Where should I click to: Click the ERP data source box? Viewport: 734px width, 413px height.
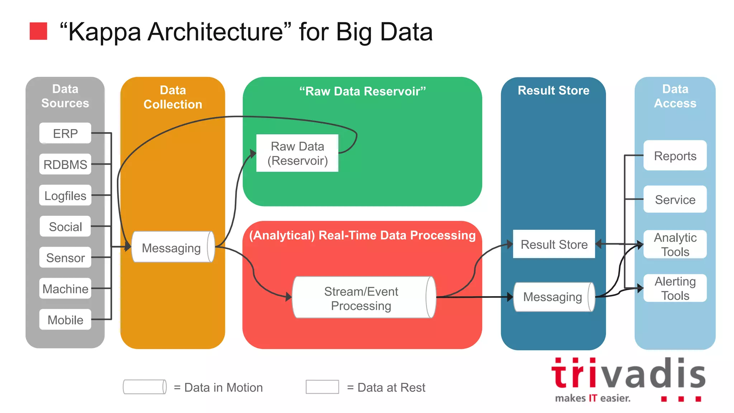tap(65, 133)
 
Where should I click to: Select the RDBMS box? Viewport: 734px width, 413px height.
tap(65, 164)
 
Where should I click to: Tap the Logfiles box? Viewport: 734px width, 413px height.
tap(65, 195)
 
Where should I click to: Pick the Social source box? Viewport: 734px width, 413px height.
tap(65, 226)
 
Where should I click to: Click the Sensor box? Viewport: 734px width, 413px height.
tap(65, 257)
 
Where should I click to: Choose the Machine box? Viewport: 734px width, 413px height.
tap(65, 288)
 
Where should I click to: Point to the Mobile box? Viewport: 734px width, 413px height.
tap(65, 319)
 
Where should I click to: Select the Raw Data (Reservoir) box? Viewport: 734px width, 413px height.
tap(297, 153)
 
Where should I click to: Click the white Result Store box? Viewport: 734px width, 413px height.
tap(554, 244)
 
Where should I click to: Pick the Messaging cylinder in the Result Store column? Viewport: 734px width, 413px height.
tap(553, 297)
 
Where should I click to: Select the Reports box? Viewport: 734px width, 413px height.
tap(675, 156)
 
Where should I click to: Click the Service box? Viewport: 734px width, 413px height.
tap(675, 199)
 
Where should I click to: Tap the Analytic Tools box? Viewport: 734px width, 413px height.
tap(675, 244)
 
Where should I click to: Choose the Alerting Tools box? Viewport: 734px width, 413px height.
tap(675, 288)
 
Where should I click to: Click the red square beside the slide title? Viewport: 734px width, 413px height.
tap(38, 31)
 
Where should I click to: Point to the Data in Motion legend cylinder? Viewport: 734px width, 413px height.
tap(144, 387)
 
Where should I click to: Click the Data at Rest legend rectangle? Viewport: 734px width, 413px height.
tap(322, 387)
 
